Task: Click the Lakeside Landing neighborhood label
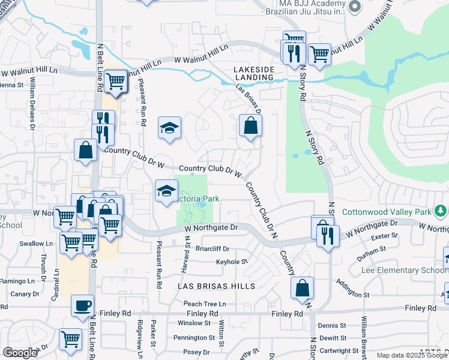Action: point(253,74)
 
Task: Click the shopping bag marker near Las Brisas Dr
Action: point(250,126)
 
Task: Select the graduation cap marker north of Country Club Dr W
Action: point(170,128)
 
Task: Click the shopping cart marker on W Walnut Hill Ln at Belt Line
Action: point(115,81)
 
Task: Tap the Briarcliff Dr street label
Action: point(212,249)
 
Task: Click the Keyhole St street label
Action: point(232,262)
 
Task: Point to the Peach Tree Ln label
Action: point(205,304)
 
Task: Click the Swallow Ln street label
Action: point(36,244)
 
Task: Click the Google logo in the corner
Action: point(20,353)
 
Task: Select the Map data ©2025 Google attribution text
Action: point(411,355)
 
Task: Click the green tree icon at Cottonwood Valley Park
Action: point(441,211)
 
